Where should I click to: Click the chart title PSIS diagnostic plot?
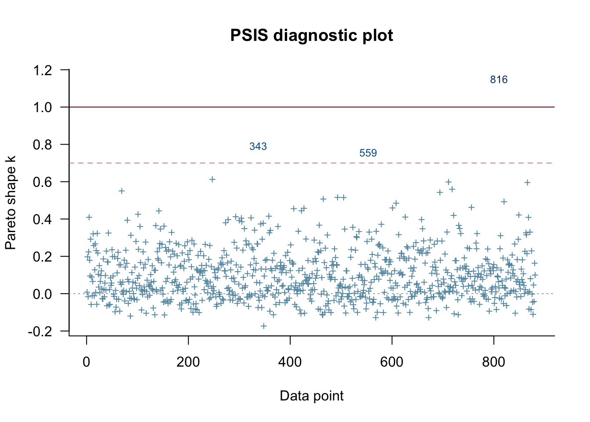click(x=312, y=35)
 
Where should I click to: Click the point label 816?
click(x=499, y=80)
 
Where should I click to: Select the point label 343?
click(x=258, y=146)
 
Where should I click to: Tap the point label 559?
click(x=368, y=153)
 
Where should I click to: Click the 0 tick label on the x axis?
click(x=86, y=362)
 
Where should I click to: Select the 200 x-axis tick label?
click(x=188, y=362)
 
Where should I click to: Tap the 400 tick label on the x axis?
click(x=290, y=362)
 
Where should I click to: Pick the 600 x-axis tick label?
click(x=392, y=362)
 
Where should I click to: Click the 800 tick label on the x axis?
click(x=493, y=362)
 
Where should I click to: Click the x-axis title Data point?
click(x=312, y=396)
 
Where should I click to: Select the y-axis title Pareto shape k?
click(x=11, y=203)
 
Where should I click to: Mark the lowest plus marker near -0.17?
click(x=264, y=326)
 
